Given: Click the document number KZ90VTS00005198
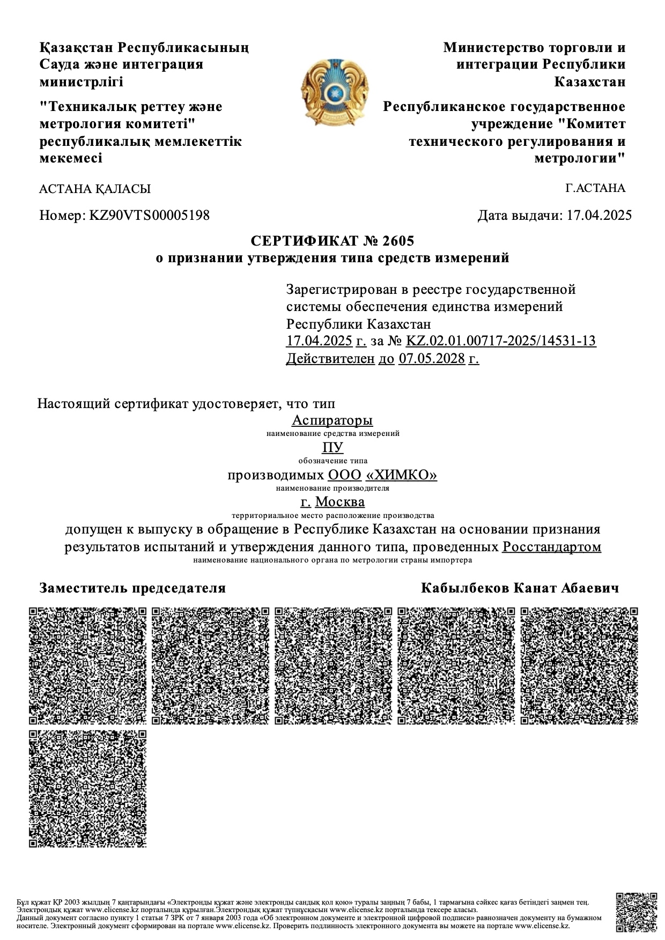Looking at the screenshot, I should pos(149,216).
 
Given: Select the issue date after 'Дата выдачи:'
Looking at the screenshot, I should pos(599,216).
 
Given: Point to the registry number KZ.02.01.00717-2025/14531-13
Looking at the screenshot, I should pos(501,341).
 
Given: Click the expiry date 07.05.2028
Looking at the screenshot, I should pos(431,359).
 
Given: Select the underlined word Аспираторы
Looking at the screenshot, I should pos(332,420).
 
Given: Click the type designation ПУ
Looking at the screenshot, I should pos(332,447).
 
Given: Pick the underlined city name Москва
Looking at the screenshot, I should pos(340,502).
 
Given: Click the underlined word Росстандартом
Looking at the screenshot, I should pos(551,547).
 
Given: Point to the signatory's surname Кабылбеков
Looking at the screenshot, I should pos(465,588).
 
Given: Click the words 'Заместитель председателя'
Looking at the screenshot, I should pos(132,588).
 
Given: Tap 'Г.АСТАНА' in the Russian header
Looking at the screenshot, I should pos(595,188).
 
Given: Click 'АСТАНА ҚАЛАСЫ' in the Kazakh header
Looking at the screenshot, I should pos(95,189).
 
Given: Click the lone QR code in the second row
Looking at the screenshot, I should pos(87,788).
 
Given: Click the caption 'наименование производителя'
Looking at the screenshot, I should pos(332,488).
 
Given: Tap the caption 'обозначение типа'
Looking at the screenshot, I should pos(332,461).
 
